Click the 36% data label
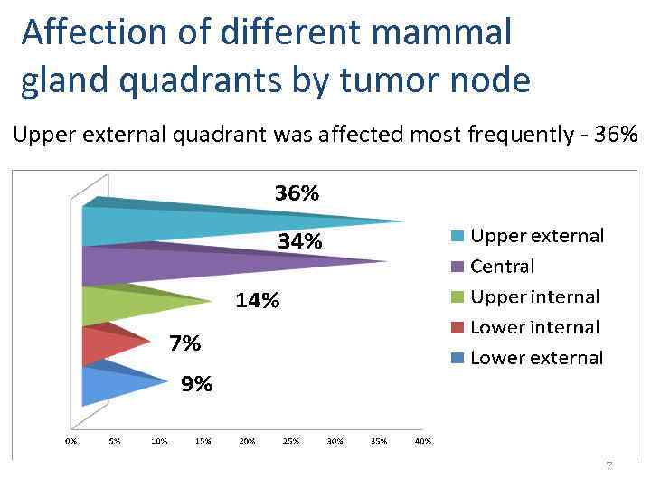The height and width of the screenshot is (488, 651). tap(297, 193)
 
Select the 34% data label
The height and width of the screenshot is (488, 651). tap(299, 241)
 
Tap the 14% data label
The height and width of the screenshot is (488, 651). tap(258, 301)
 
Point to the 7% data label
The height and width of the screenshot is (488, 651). tap(185, 343)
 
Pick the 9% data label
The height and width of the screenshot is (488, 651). tap(196, 385)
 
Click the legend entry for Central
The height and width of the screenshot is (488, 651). tap(502, 267)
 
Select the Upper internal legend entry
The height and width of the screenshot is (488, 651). tap(534, 297)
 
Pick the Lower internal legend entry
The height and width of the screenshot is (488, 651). tap(534, 327)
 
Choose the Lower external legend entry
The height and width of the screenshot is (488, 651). tap(536, 358)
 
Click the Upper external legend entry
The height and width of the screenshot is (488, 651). tap(536, 236)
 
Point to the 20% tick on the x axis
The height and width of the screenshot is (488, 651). tap(247, 441)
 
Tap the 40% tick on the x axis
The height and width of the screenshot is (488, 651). tap(423, 441)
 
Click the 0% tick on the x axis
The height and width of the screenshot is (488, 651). tap(71, 441)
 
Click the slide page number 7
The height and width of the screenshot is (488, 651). tap(609, 465)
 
